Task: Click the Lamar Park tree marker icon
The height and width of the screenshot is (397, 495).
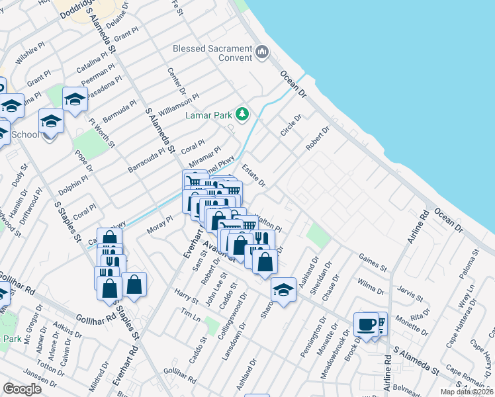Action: [243, 114]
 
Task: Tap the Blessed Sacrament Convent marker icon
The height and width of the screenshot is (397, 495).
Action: [262, 51]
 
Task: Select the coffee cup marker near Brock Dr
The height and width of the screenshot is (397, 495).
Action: [367, 325]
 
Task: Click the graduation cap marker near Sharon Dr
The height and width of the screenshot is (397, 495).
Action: [283, 289]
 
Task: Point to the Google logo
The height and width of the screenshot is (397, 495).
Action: [22, 389]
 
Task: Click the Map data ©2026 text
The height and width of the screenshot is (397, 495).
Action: [467, 392]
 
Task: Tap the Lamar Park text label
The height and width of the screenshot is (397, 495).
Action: [208, 115]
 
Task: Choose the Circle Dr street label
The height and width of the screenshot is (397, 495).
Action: [291, 125]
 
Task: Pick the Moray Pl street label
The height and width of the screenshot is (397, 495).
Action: [160, 219]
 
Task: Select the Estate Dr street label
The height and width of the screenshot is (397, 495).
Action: [253, 175]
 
